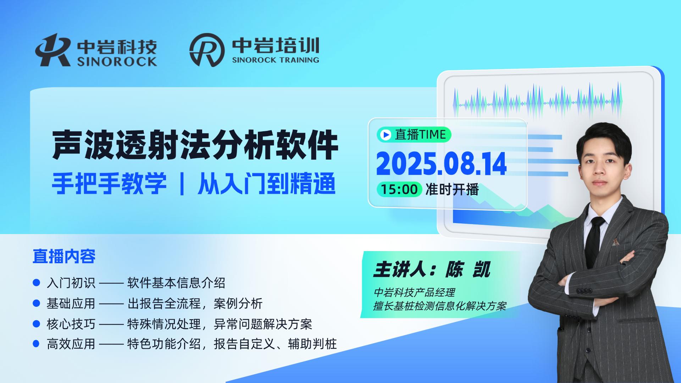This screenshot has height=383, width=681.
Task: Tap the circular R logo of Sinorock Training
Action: pos(207,50)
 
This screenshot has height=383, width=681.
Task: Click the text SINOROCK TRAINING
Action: pos(276,60)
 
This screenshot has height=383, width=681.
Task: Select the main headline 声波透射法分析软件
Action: pos(195,145)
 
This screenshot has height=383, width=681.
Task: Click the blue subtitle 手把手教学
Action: pos(109,183)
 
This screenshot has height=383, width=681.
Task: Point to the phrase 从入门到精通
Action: pos(266,183)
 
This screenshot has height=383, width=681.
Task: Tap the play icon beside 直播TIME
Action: pos(386,135)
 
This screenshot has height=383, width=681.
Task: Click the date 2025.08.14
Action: pos(441,163)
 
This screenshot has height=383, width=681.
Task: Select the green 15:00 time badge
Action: pos(399,189)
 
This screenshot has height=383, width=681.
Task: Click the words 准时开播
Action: pos(452,189)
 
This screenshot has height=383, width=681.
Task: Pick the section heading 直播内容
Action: pos(64,256)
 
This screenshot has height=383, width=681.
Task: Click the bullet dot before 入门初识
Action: pos(36,283)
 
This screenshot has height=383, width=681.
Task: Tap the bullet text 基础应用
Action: pos(71,304)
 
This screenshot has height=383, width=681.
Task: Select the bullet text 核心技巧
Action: pos(71,324)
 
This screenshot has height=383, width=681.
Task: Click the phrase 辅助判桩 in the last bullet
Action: pos(312,344)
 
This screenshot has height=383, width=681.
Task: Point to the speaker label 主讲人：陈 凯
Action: pos(432,270)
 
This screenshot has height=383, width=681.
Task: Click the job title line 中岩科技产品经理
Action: pos(414,293)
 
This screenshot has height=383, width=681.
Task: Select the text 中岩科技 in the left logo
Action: pos(117,47)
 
